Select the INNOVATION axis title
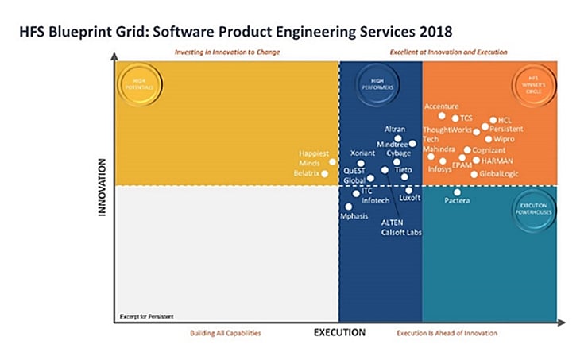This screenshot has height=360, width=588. point(103,188)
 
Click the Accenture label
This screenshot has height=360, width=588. point(441,106)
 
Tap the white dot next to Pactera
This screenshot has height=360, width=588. point(457,192)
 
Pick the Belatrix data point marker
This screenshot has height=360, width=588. point(324,173)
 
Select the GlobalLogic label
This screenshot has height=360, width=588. point(498,173)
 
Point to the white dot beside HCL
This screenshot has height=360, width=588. point(493,120)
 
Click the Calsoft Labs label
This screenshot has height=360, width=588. point(401,233)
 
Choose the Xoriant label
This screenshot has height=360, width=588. point(363,153)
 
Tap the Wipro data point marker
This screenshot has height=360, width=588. point(488,139)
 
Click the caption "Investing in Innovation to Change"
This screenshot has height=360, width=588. point(227,52)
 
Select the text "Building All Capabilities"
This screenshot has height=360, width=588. point(225,333)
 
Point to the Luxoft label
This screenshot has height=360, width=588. point(410,199)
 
